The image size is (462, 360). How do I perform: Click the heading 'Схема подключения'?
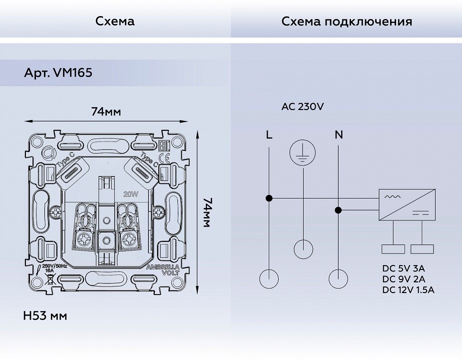(347, 21)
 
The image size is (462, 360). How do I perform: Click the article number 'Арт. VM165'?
(58, 73)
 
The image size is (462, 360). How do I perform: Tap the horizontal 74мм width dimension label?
(106, 111)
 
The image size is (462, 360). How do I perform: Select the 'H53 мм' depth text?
(45, 316)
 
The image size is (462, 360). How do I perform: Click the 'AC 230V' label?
(303, 106)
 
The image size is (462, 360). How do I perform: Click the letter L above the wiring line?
(269, 134)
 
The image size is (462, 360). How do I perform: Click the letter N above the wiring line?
(339, 134)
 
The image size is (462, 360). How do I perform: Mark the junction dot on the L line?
(269, 198)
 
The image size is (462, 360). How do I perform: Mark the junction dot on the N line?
(339, 210)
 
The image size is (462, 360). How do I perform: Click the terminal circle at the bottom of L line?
(269, 279)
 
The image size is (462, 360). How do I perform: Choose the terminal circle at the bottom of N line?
(339, 279)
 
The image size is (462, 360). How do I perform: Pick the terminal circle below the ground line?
(303, 249)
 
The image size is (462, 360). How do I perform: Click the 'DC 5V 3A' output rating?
(404, 268)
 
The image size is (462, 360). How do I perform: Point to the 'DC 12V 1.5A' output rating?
(408, 289)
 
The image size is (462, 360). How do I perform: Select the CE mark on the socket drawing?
(167, 159)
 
